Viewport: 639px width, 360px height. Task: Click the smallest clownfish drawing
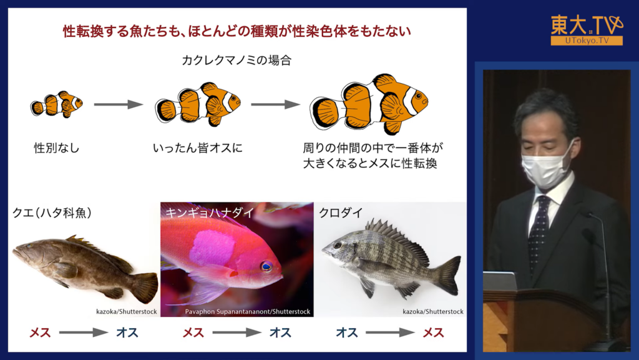pos(56,104)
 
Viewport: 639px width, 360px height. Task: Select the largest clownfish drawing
pos(369,104)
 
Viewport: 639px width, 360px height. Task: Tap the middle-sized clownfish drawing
pos(198,104)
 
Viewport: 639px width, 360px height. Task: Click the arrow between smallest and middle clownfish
pos(118,104)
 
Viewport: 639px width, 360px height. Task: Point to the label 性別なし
pos(57,147)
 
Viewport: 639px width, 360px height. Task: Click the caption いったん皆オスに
pos(198,147)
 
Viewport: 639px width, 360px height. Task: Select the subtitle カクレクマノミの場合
pos(237,61)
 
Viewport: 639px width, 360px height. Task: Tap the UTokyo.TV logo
pos(587,30)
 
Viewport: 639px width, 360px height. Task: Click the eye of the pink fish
pos(267,266)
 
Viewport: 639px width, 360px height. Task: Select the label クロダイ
pos(341,212)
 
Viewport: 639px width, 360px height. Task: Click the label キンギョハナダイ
pos(210,212)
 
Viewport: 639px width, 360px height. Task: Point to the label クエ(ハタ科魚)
pos(52,212)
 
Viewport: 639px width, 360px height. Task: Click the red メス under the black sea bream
pos(433,332)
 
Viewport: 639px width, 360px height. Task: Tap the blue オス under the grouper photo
pos(127,332)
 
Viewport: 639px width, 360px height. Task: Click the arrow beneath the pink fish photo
pos(237,332)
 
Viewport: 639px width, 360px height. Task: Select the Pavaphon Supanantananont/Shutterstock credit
pos(247,311)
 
